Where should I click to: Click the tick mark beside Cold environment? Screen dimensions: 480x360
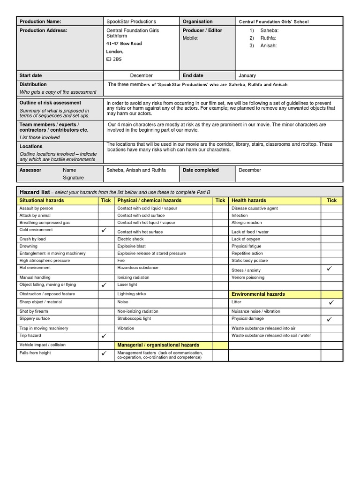point(104,231)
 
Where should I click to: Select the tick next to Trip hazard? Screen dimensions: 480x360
point(104,336)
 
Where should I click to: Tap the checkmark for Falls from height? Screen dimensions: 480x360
point(104,353)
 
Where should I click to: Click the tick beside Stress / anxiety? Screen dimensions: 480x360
point(329,269)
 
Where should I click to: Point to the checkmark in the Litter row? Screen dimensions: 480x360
point(331,303)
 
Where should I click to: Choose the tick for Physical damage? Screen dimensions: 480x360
point(329,319)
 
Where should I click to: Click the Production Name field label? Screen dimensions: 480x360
point(40,22)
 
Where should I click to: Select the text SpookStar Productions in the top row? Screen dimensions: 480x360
point(131,22)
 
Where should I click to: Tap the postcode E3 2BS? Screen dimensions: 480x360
point(114,60)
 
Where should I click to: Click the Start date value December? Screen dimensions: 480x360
point(142,75)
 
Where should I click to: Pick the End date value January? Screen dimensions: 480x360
point(247,75)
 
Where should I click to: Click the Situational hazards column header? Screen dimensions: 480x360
point(42,200)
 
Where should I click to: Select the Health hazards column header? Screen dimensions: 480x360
point(249,200)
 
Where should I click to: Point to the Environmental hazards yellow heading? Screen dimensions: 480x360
point(258,294)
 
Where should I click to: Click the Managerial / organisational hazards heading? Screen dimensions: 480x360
point(158,345)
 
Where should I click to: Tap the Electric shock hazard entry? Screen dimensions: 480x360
point(130,239)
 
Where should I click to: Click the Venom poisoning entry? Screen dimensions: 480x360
point(248,277)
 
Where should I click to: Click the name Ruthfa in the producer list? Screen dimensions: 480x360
point(268,38)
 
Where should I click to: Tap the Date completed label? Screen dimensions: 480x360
point(201,170)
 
